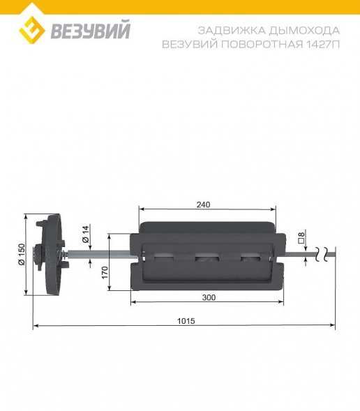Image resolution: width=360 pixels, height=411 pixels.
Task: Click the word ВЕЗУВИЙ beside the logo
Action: (89, 31)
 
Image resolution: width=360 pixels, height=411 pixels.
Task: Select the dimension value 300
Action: (209, 297)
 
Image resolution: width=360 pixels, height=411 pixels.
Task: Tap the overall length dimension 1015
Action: (186, 321)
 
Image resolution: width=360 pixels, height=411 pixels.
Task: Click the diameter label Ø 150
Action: (21, 254)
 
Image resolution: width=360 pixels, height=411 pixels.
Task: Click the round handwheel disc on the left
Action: (51, 255)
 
